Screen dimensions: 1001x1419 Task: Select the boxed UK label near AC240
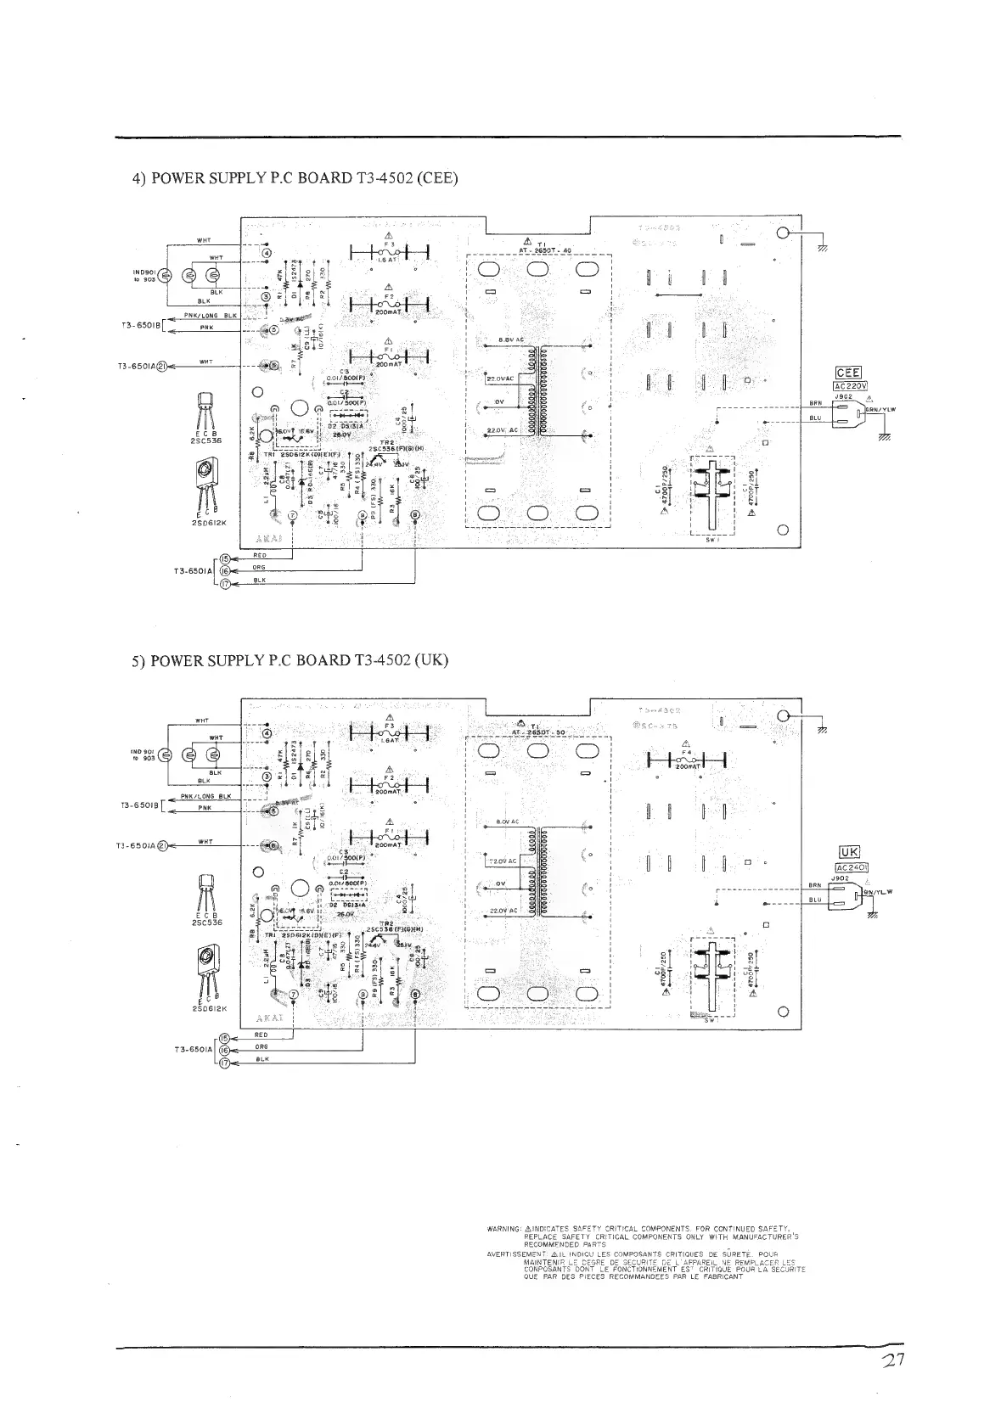pyautogui.click(x=849, y=853)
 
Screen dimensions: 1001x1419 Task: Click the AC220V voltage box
pyautogui.click(x=849, y=384)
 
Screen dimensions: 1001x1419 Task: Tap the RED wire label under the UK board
pyautogui.click(x=261, y=1035)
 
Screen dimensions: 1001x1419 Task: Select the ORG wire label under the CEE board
pyautogui.click(x=259, y=568)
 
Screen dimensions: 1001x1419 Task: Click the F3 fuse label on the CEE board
pyautogui.click(x=388, y=244)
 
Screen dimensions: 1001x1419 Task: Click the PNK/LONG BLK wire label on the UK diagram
pyautogui.click(x=206, y=796)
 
